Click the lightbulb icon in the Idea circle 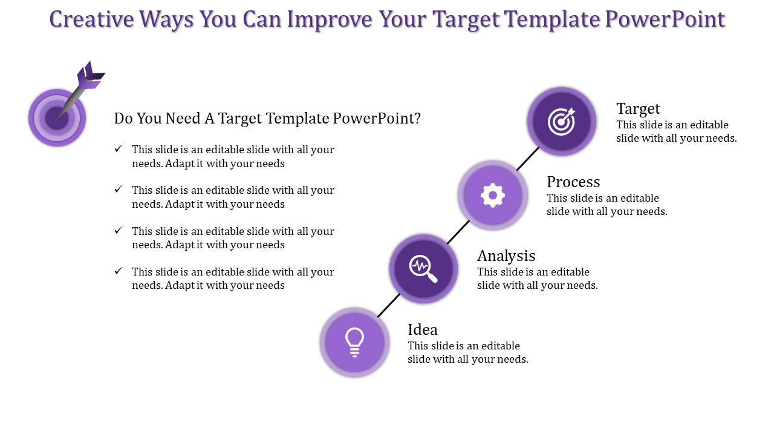coord(354,342)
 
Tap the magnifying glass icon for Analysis coord(423,269)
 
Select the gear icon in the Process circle coord(493,195)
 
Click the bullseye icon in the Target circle coord(562,121)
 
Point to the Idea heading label coord(423,330)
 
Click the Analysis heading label coord(506,256)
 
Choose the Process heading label coord(573,182)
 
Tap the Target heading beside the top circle coord(638,109)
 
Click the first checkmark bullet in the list coord(119,148)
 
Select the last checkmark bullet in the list coord(119,271)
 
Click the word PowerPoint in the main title coord(665,19)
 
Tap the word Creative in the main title coord(91,19)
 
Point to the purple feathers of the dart coord(90,76)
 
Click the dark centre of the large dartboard coord(57,118)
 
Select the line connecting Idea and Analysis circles coord(389,306)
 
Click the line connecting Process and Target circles coord(528,159)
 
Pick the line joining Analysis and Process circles coord(458,232)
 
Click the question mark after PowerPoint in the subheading coord(418,118)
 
